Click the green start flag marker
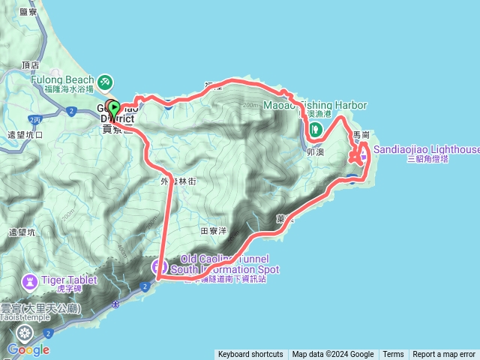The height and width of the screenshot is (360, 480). tap(113, 108)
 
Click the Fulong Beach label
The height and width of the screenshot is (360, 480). tap(63, 80)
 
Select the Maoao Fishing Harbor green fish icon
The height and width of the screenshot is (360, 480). tap(316, 128)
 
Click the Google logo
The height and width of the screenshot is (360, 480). tap(28, 349)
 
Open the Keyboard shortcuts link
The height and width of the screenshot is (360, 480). tap(250, 355)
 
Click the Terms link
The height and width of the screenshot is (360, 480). tap(393, 355)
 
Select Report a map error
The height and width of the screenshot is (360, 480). tap(444, 355)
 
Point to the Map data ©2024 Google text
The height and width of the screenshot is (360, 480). tap(333, 355)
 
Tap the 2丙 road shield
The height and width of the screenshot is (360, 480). tap(34, 119)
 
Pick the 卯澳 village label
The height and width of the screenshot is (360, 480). tap(315, 151)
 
